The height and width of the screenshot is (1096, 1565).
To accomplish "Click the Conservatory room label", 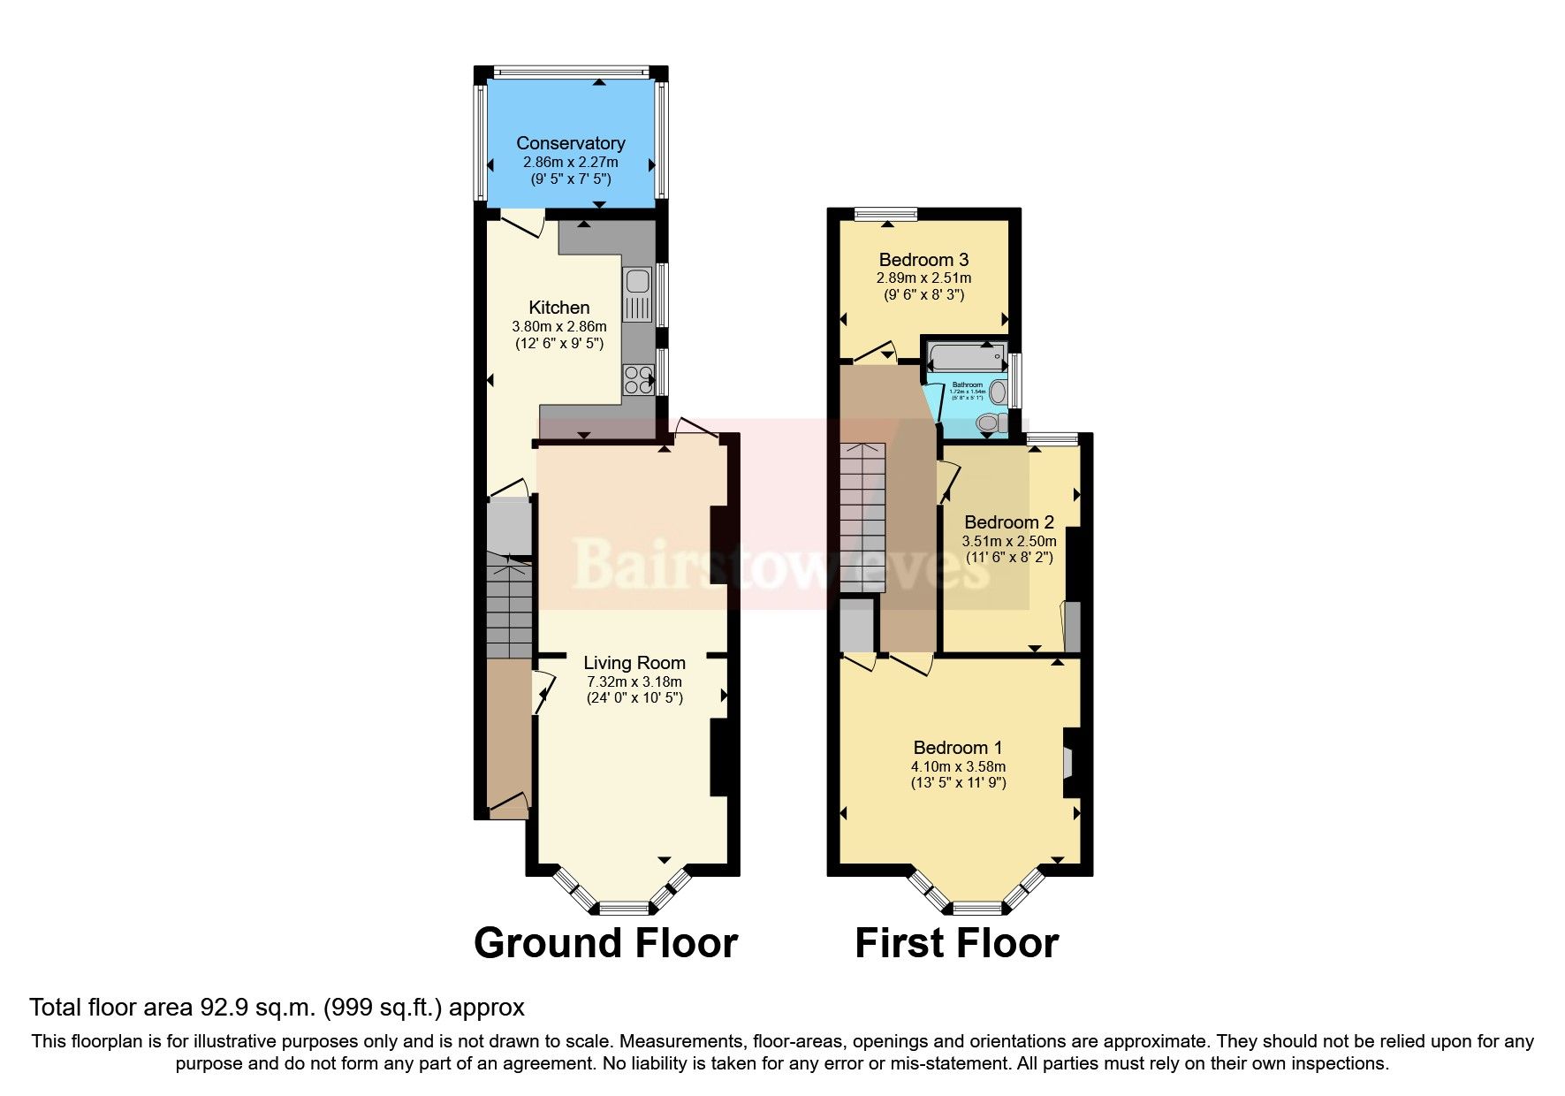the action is pyautogui.click(x=570, y=143).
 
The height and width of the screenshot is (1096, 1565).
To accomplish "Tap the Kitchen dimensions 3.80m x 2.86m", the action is pyautogui.click(x=559, y=326).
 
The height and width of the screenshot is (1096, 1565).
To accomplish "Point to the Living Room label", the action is pyautogui.click(x=634, y=663).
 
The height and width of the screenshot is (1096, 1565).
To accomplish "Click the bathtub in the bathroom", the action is pyautogui.click(x=967, y=358).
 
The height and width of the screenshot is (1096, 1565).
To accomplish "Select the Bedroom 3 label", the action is pyautogui.click(x=923, y=260).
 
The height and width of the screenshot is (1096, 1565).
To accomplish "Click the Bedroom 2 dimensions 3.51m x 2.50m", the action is pyautogui.click(x=1009, y=541).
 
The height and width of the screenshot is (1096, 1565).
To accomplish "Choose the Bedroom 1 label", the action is pyautogui.click(x=957, y=748).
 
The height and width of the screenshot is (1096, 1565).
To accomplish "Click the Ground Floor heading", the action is pyautogui.click(x=605, y=943).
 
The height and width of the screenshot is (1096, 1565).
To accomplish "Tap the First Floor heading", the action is pyautogui.click(x=956, y=943).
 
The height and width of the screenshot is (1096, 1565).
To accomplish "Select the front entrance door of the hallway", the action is pyautogui.click(x=508, y=804).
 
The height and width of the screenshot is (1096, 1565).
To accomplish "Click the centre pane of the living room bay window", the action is pyautogui.click(x=624, y=907).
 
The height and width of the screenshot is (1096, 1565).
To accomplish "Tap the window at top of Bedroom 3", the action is pyautogui.click(x=886, y=213).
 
